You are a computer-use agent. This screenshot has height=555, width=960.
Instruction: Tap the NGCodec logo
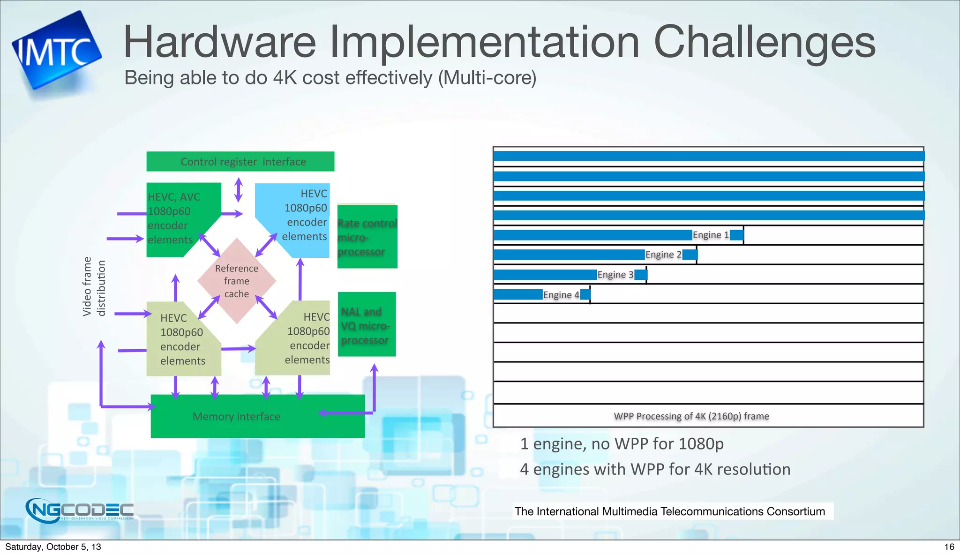(x=80, y=510)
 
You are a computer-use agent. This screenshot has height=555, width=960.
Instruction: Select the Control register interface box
(x=240, y=162)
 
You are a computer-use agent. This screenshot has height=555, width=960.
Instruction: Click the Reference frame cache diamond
(x=237, y=281)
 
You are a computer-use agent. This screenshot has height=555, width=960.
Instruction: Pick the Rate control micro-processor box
(x=367, y=237)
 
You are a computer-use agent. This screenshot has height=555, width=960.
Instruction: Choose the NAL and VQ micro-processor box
(x=367, y=325)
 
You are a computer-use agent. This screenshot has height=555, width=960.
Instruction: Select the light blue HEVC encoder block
(x=300, y=216)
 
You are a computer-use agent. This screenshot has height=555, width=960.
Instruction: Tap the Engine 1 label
(x=711, y=235)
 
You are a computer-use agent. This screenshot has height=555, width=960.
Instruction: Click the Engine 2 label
(x=663, y=255)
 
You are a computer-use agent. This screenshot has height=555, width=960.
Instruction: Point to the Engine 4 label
(x=561, y=295)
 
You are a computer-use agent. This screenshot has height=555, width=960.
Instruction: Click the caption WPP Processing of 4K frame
(x=691, y=416)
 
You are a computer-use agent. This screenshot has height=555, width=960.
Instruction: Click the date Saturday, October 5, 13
(x=53, y=547)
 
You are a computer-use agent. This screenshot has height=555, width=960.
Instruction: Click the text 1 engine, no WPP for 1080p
(x=622, y=443)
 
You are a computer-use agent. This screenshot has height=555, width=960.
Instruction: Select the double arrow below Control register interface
(x=239, y=189)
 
